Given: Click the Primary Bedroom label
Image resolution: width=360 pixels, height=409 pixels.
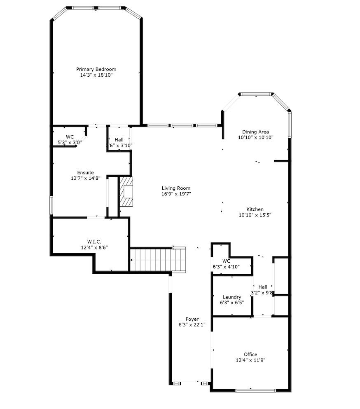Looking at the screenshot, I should point(96,69).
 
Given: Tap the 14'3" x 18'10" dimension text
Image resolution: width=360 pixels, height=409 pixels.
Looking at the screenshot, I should point(96,75).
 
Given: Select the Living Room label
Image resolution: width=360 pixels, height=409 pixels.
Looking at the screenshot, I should point(176,188).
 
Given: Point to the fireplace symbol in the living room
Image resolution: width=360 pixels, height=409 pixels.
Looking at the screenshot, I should point(127,191).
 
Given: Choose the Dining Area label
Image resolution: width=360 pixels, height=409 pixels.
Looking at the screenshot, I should point(255,132).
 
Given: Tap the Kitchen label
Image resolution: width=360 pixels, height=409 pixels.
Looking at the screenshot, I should point(255,209).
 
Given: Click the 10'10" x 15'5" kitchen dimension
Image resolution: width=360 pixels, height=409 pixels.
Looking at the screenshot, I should point(255,215).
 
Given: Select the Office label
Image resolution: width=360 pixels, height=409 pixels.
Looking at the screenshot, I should point(250,354).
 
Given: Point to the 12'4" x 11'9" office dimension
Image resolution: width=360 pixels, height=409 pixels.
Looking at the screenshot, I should point(250,360).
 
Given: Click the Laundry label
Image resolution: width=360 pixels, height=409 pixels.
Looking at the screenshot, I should point(232,297).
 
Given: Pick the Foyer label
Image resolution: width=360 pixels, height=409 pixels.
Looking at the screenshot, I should point(192,319).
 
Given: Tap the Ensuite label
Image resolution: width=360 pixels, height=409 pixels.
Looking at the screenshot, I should point(86,172).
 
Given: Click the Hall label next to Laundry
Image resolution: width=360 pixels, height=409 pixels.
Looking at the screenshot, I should point(263,287).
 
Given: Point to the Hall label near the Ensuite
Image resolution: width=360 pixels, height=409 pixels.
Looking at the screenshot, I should point(119,140).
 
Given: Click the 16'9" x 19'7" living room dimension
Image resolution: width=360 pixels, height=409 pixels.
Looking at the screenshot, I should point(176,194).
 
